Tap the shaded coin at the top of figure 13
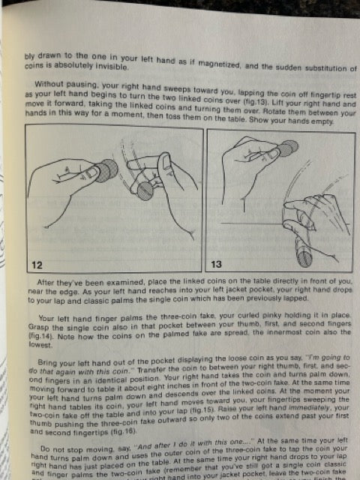pyautogui.click(x=286, y=147)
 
